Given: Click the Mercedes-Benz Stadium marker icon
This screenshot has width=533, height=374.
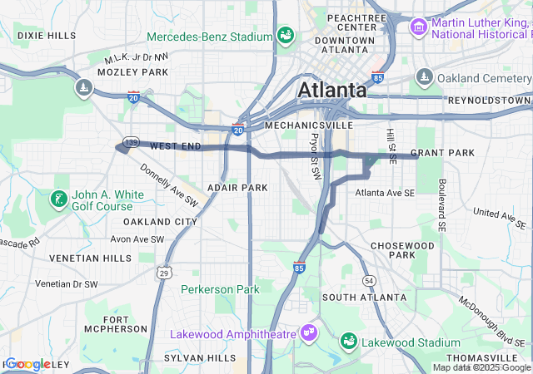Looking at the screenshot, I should (286, 37).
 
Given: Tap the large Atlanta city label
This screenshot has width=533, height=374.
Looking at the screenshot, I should (331, 90).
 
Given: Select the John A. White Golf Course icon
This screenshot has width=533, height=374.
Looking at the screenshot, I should (57, 199).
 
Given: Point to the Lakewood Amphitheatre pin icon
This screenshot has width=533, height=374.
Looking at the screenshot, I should (308, 333).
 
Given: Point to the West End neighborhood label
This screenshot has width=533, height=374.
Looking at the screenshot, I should (176, 146).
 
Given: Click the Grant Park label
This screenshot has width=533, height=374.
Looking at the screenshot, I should (442, 153).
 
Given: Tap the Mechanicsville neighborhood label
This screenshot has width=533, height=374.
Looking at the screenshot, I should (298, 125).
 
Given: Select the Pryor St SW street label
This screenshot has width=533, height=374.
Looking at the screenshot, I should (315, 157).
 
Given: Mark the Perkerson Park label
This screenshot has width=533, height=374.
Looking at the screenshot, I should (221, 289).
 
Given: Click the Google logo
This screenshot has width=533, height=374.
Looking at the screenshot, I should (28, 364).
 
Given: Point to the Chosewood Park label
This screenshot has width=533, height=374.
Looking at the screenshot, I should (402, 250).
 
